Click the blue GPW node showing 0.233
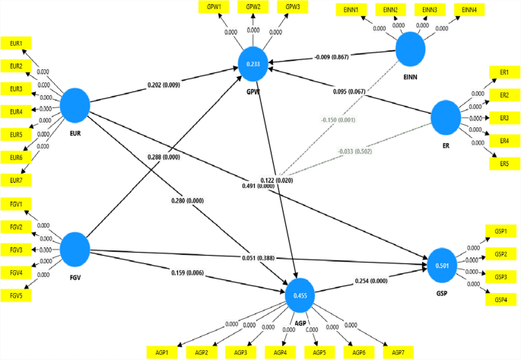pos(254,65)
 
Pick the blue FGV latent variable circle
pos(76,248)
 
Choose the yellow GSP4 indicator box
pos(500,299)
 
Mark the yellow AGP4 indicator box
pos(281,353)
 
